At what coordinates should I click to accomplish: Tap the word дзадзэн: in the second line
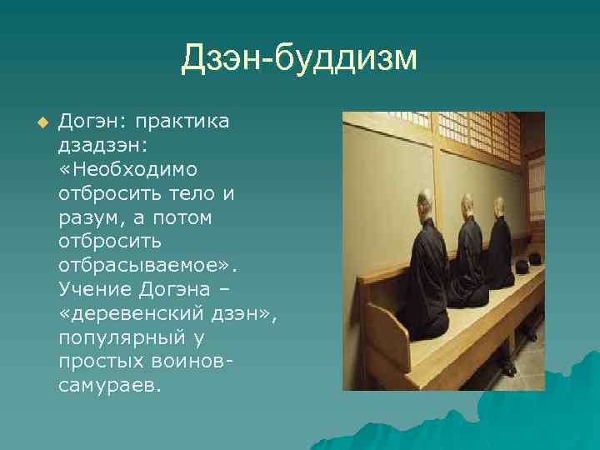click(x=102, y=146)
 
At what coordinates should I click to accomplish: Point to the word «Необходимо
click(x=127, y=170)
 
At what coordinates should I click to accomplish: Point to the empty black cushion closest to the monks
click(x=522, y=267)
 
